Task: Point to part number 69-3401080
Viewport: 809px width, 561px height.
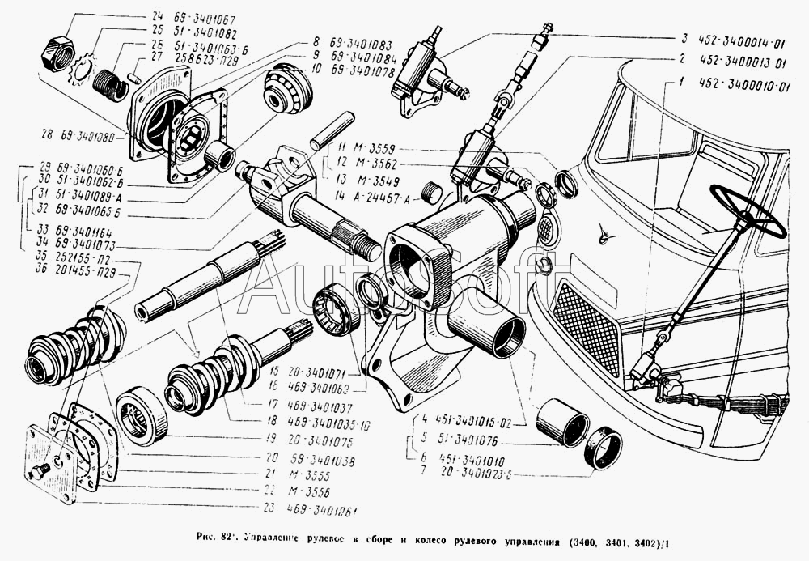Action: [86, 133]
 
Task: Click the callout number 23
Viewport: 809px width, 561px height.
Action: [269, 508]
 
